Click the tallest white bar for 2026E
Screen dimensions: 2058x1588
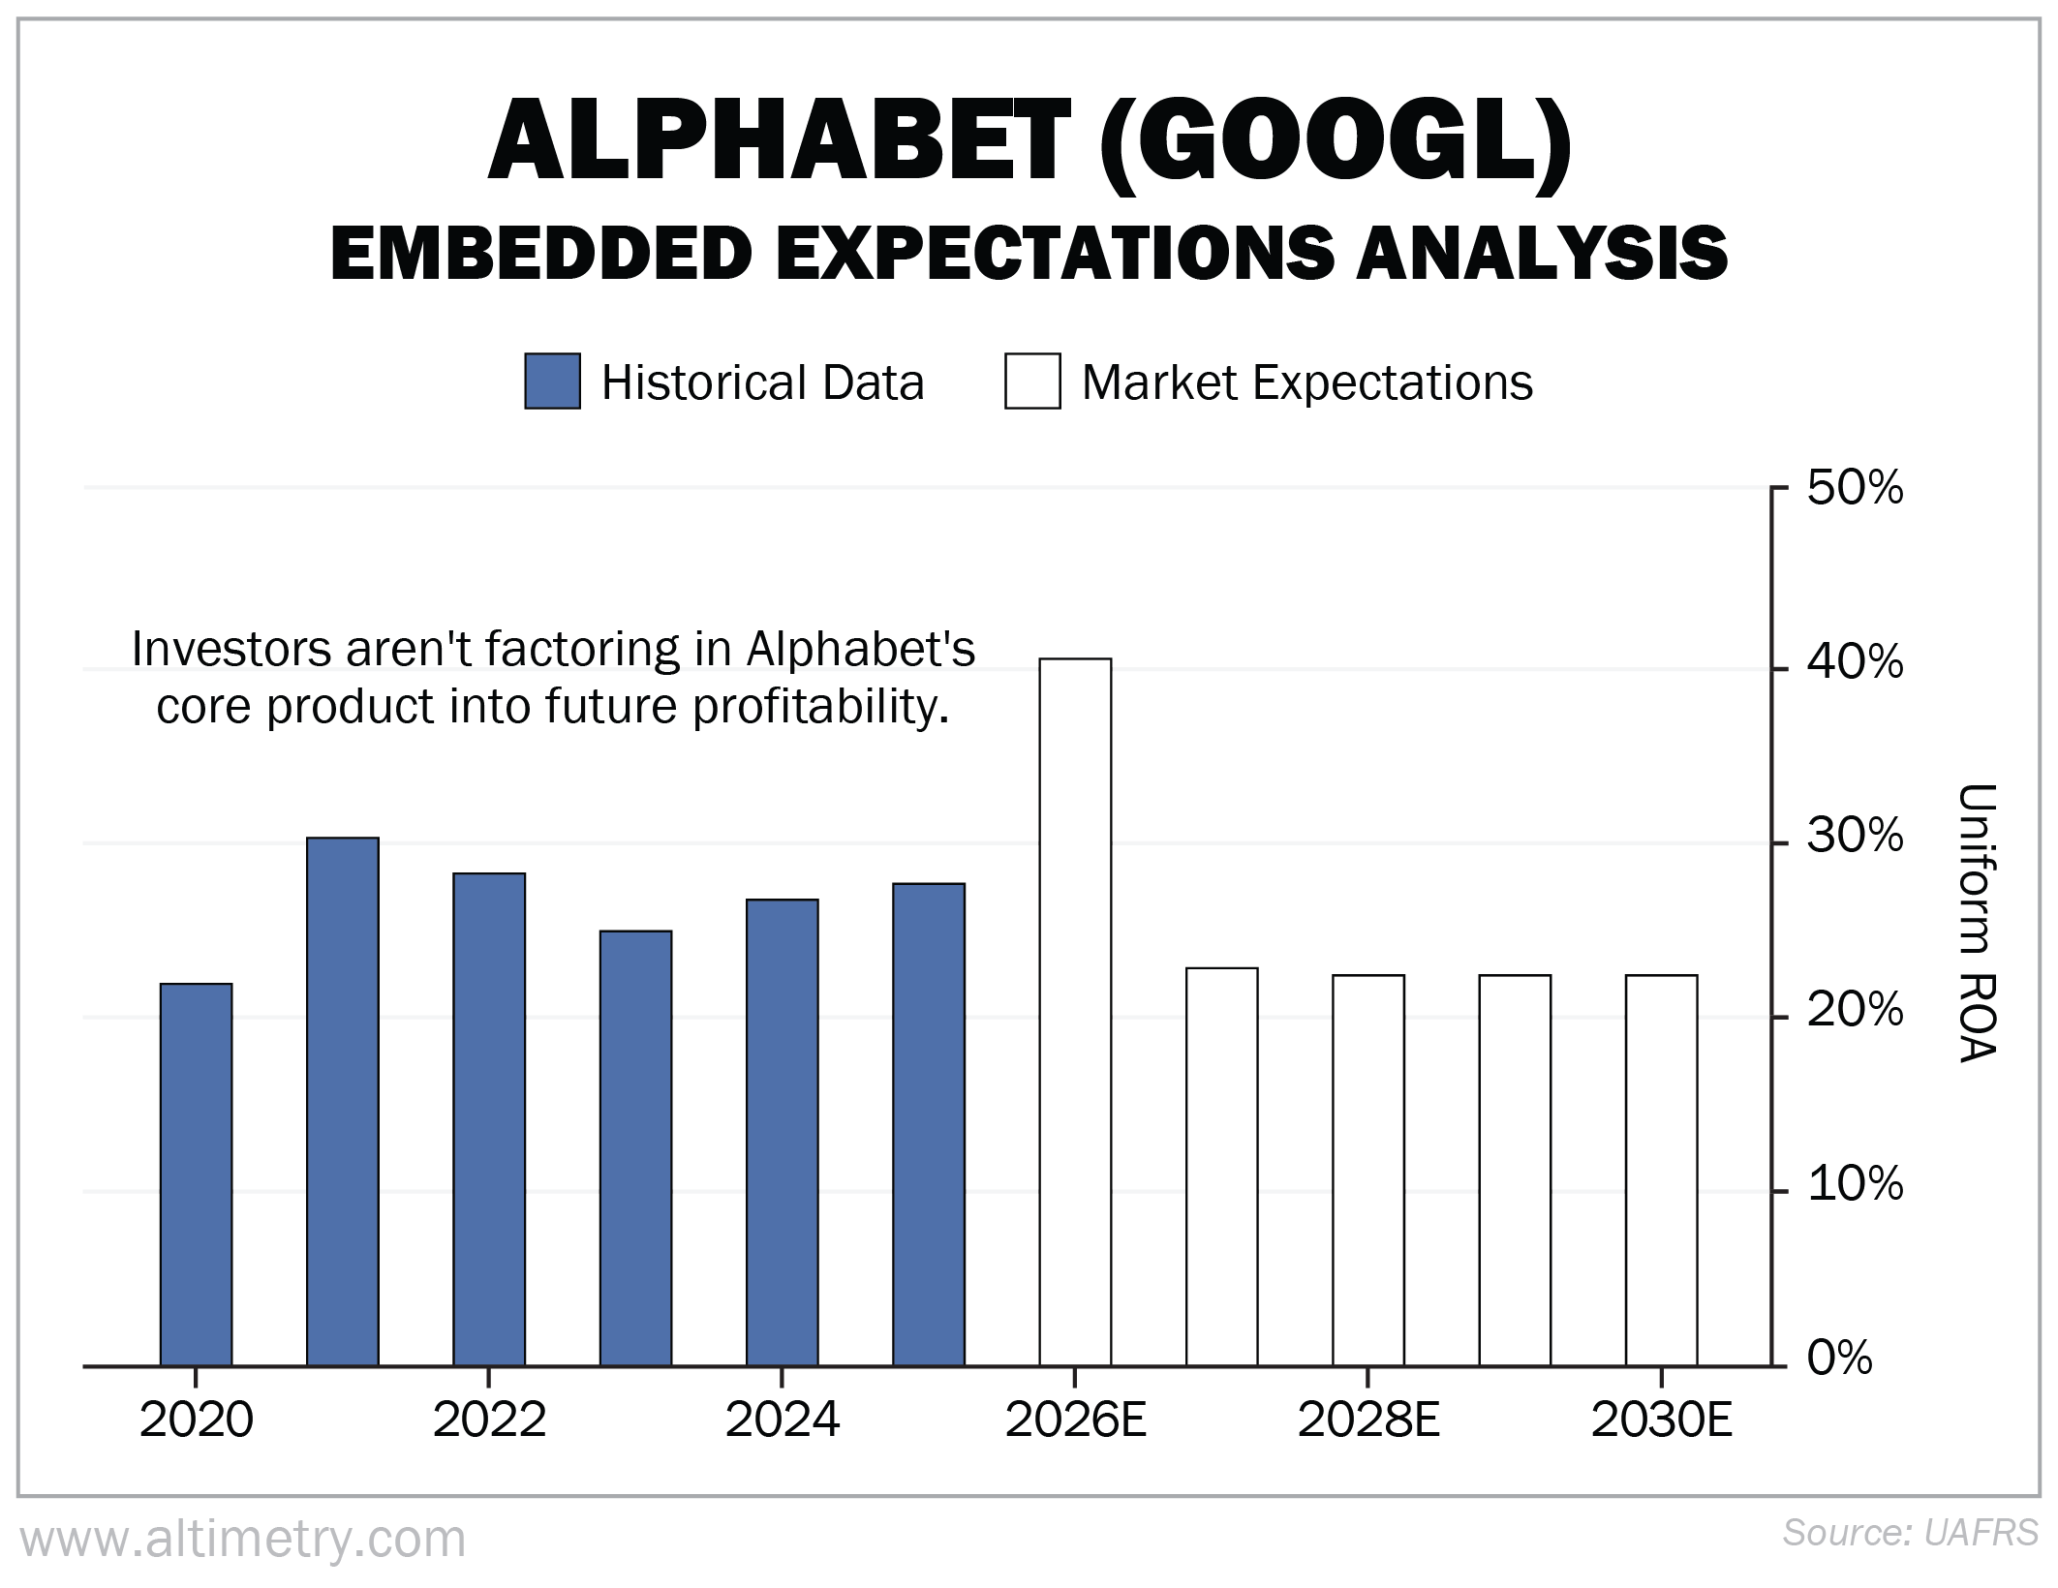click(x=1075, y=1012)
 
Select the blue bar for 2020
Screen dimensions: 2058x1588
click(x=196, y=1175)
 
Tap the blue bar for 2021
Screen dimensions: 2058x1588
click(x=343, y=1102)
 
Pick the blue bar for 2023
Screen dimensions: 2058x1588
click(x=635, y=1148)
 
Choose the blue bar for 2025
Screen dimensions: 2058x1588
click(x=929, y=1124)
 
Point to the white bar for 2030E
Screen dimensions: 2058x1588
click(x=1661, y=1171)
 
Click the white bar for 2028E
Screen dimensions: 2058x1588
click(x=1368, y=1171)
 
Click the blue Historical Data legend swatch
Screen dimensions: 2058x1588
click(x=552, y=382)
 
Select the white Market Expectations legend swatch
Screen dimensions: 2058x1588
click(x=1032, y=382)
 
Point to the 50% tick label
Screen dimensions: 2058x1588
click(x=1855, y=488)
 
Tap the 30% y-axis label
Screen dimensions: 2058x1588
click(x=1855, y=837)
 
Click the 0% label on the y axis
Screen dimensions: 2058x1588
click(x=1840, y=1359)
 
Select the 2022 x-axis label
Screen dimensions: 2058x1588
click(x=489, y=1420)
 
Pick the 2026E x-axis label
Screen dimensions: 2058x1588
click(x=1075, y=1420)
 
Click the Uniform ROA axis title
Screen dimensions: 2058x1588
click(x=1977, y=923)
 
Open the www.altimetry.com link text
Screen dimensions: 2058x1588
click(x=243, y=1539)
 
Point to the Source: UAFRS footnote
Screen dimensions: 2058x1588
click(x=1910, y=1533)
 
